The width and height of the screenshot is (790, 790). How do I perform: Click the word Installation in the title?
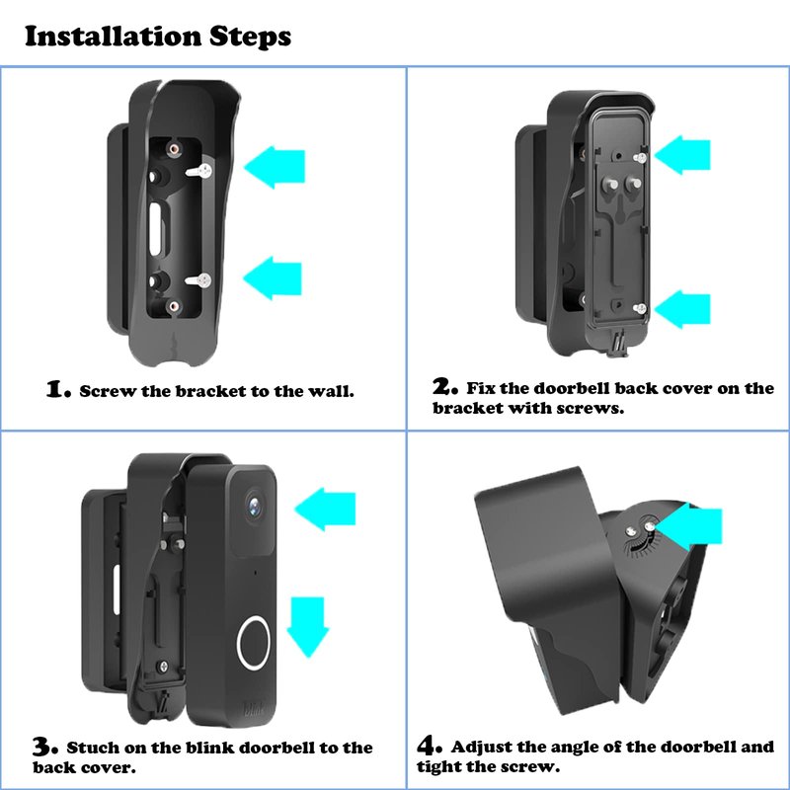tap(114, 37)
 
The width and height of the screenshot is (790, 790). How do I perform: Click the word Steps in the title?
tap(250, 38)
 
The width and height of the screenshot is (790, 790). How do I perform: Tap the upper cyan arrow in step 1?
tap(275, 167)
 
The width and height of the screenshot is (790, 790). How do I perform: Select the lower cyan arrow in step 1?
tap(273, 278)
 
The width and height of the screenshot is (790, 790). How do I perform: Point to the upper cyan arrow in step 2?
tap(682, 155)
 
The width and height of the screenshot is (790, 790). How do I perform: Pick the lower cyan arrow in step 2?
tap(682, 309)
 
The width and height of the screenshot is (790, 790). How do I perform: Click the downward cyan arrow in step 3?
tap(307, 627)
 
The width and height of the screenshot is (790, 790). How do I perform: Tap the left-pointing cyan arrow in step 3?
tap(325, 509)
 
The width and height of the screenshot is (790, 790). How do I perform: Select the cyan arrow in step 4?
tap(689, 526)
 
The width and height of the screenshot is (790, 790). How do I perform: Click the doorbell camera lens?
tap(256, 505)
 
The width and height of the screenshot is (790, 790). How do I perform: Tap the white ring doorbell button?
tap(253, 643)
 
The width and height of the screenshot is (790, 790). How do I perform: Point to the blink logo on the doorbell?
tap(254, 709)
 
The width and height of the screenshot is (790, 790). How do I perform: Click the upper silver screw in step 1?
tap(199, 171)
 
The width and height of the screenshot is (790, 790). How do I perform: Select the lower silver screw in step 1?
tap(198, 280)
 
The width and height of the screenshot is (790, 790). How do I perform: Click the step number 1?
tap(58, 389)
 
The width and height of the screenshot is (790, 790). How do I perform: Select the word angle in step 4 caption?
tap(570, 748)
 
